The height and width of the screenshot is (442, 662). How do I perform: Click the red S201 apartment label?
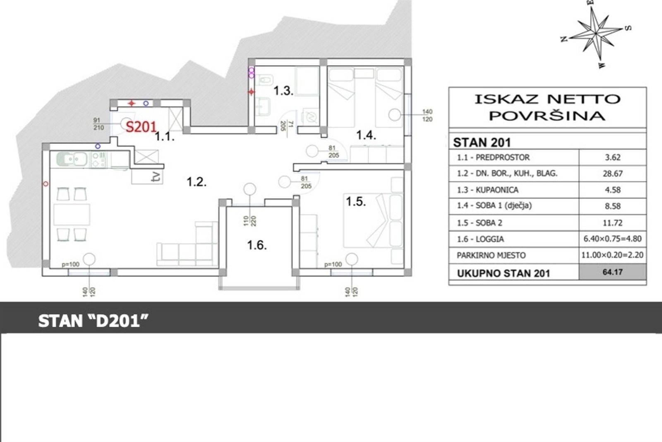pos(141,127)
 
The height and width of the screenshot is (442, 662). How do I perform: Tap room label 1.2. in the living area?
pos(197,182)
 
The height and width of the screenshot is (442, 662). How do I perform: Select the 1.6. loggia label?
pos(257,245)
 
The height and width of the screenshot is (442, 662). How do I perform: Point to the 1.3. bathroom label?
pos(283,91)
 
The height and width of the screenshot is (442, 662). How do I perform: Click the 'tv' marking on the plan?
pos(157,177)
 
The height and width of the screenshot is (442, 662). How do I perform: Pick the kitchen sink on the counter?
pos(72,159)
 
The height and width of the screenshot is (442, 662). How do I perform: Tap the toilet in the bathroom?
pos(266,80)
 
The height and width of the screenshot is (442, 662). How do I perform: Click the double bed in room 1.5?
pos(373,220)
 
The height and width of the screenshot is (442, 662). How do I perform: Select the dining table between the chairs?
pos(72,215)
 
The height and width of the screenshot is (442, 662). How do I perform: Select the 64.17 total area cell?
pos(613,272)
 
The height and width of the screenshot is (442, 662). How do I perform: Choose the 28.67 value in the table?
pos(613,174)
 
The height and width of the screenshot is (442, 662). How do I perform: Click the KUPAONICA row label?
pos(488,190)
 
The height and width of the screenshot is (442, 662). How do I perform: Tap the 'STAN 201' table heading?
pos(482,143)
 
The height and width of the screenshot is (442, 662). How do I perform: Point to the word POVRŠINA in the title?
pos(547,116)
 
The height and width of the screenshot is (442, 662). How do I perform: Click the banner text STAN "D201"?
pos(93,321)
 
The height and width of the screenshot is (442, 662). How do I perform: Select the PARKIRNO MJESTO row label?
pos(491,255)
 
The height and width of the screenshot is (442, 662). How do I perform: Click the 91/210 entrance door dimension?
pos(98,124)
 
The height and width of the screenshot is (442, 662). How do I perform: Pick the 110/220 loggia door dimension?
pos(250,221)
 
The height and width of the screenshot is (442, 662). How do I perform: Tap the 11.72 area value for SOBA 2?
pos(613,223)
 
